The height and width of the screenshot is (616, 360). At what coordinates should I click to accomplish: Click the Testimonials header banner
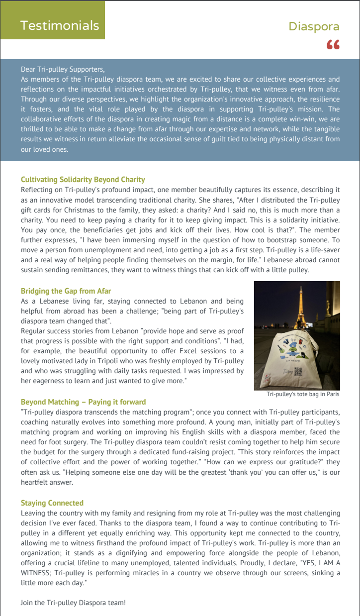click(59, 25)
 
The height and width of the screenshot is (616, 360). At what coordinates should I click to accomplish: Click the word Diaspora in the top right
click(314, 26)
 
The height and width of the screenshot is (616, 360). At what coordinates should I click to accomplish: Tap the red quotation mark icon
click(333, 45)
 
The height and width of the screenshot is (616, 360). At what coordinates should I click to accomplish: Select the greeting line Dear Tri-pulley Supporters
click(63, 70)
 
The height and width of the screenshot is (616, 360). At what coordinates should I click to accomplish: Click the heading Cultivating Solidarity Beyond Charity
click(83, 179)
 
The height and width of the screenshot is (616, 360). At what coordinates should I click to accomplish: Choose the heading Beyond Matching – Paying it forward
click(84, 402)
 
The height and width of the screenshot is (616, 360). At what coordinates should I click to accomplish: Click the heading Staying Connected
click(52, 503)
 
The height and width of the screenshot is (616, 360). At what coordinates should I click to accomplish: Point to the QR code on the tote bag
click(312, 371)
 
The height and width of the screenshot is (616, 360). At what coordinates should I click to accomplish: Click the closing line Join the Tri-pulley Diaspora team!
click(73, 603)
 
